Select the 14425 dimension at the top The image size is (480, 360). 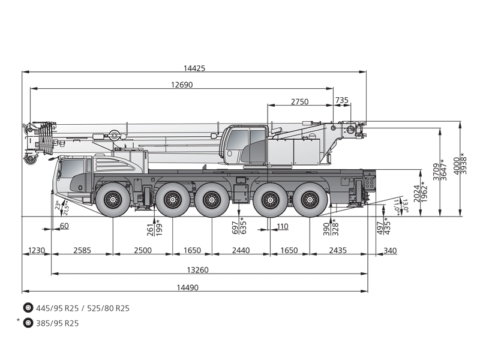[195, 68]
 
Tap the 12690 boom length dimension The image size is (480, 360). [181, 85]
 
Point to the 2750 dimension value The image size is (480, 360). [299, 101]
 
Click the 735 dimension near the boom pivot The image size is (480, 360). [341, 100]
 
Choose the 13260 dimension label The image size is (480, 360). [196, 270]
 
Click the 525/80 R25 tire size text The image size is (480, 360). [108, 308]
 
